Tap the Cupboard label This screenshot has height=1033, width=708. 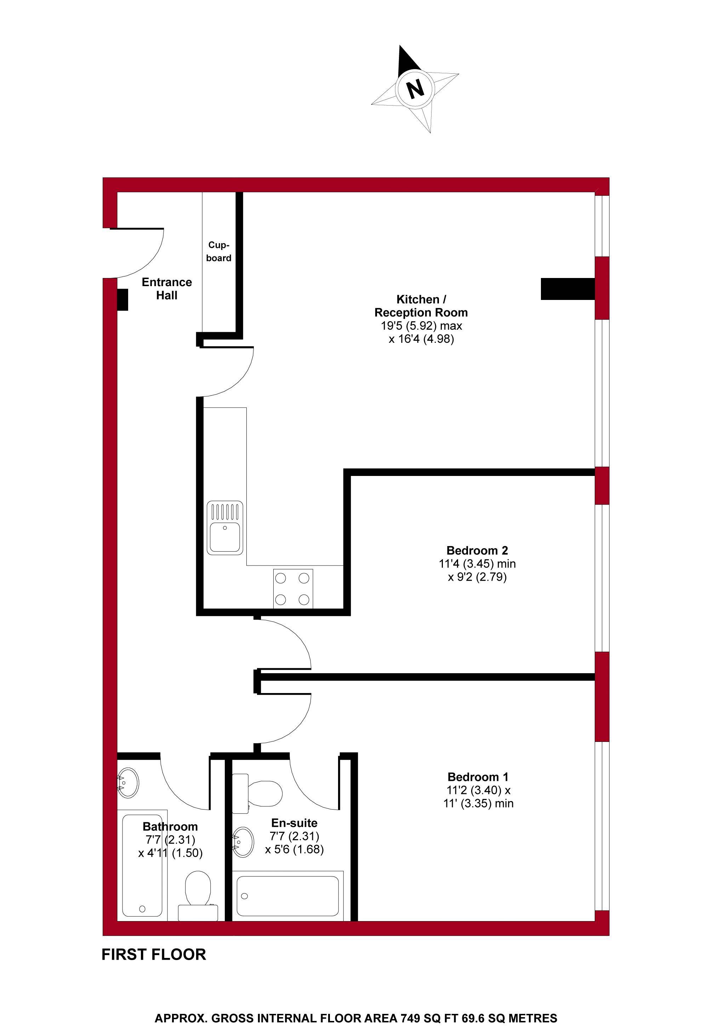point(219,251)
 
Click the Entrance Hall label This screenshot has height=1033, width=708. point(167,289)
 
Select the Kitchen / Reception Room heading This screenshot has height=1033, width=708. point(421,306)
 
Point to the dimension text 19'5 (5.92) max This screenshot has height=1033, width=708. point(421,325)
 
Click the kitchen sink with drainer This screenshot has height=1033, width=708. point(225,528)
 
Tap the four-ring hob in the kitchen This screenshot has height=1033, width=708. point(292,589)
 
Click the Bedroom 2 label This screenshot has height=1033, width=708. point(477,550)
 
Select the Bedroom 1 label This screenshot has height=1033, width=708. point(478,777)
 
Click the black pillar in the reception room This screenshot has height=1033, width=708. point(567,289)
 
